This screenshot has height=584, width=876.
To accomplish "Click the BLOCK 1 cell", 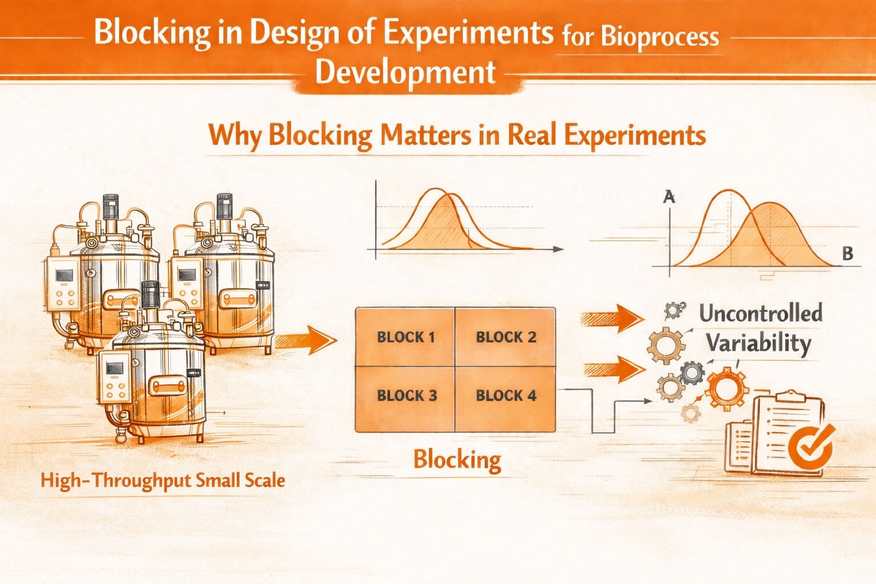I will click(405, 337).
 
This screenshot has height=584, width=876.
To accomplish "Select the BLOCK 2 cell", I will click(505, 337).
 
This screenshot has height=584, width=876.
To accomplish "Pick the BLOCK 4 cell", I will click(505, 396).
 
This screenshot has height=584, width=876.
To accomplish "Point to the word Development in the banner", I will click(405, 72).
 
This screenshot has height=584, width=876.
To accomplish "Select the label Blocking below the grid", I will click(457, 459).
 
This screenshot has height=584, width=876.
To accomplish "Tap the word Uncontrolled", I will click(760, 313).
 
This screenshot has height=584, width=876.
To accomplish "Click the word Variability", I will click(758, 343).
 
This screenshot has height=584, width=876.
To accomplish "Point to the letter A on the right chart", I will click(669, 197).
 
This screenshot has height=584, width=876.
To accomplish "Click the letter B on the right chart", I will click(847, 254).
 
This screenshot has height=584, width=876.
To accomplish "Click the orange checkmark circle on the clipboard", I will click(810, 445).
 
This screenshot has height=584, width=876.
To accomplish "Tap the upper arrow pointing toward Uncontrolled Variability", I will click(613, 318).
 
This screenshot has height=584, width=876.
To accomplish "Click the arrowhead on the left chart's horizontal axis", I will click(558, 249).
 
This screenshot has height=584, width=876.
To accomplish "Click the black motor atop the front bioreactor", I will click(151, 295).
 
